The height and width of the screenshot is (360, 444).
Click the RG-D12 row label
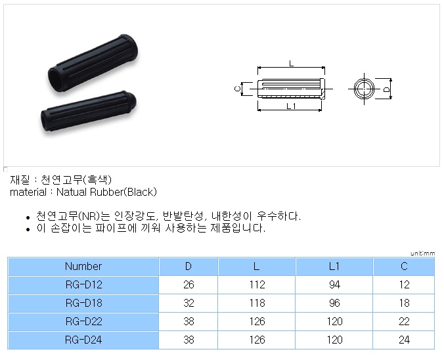83,284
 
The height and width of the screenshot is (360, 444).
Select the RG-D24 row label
83,340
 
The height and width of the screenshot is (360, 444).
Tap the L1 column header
334,266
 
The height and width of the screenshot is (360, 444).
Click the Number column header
83,266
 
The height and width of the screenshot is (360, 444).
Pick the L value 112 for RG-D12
257,284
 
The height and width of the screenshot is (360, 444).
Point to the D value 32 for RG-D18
189,303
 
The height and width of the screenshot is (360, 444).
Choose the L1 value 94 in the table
334,284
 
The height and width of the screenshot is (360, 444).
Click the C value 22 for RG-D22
404,321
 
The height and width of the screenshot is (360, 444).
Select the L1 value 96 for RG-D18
334,303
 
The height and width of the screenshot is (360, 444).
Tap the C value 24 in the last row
404,340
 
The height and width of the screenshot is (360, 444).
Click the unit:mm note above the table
422,254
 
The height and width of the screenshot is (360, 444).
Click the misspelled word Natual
72,192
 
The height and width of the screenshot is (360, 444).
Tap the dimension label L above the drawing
292,64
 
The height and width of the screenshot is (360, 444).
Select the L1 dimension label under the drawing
291,106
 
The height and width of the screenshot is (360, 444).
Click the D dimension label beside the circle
386,89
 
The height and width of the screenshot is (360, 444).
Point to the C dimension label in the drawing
238,89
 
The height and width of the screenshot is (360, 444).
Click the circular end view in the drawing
364,89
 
